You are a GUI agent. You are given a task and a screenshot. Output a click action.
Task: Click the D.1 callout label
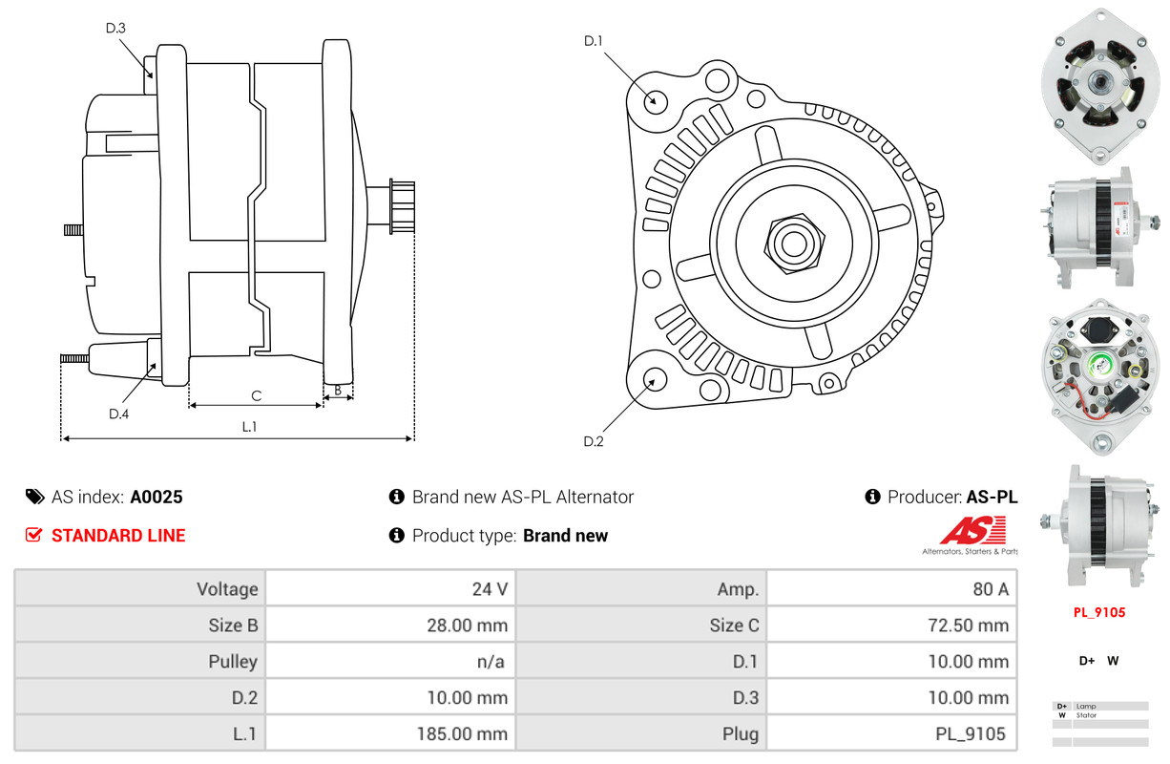(594, 41)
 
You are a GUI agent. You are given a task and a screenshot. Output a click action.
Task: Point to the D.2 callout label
(594, 441)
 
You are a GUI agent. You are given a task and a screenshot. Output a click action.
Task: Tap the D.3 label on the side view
(115, 28)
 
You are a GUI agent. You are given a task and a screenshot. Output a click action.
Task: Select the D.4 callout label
(118, 414)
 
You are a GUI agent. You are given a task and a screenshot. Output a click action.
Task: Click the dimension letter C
(256, 395)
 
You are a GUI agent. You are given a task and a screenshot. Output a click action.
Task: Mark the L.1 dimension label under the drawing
(248, 427)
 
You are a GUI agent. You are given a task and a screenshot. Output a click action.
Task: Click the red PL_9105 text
(1099, 612)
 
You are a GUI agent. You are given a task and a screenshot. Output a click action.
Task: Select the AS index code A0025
(157, 497)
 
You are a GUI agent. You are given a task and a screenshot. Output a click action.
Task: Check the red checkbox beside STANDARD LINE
(33, 536)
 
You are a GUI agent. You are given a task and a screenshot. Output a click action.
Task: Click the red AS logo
(972, 531)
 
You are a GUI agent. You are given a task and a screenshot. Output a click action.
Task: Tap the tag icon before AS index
(34, 497)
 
